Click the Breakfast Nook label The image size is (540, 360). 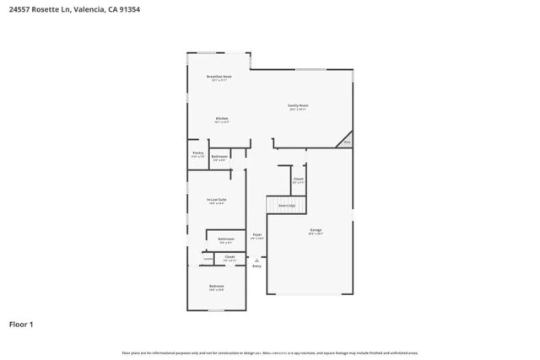[219, 77]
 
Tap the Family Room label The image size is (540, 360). [299, 106]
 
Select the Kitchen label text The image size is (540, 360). [221, 119]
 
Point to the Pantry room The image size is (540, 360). [197, 154]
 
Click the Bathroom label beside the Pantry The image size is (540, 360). [219, 157]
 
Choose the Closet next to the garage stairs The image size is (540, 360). [298, 180]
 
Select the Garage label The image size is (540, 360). [316, 230]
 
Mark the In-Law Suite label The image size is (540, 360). [217, 200]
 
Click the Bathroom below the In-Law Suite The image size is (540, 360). [225, 239]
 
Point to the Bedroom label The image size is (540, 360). [217, 287]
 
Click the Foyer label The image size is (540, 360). [257, 235]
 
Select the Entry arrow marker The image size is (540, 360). [256, 261]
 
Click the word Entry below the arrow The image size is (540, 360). [256, 266]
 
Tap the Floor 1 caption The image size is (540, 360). [22, 323]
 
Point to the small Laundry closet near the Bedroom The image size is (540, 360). [207, 258]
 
